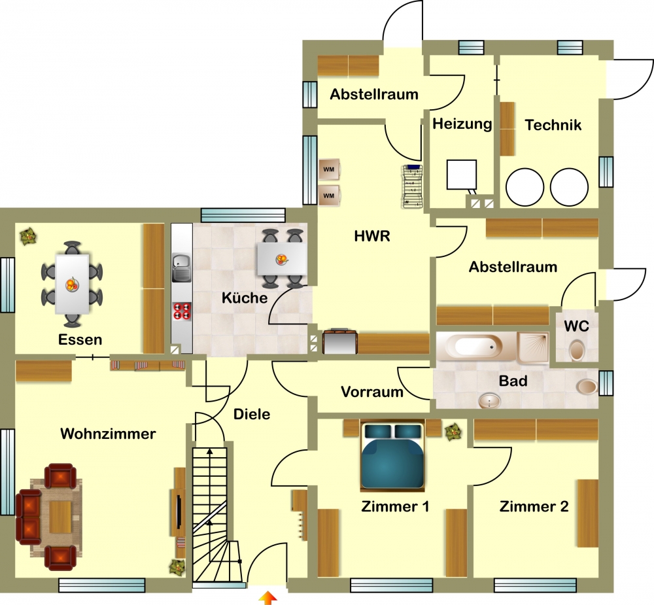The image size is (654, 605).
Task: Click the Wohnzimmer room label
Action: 108,434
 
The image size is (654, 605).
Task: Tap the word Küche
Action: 245,298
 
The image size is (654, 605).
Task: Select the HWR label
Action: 372,236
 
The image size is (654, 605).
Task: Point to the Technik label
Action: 553,125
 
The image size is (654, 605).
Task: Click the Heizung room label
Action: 462,124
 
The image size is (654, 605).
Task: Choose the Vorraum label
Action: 372,392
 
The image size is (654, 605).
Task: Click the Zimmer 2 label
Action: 534,506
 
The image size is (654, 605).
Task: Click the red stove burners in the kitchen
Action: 182,311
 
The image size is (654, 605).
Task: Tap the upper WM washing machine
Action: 329,169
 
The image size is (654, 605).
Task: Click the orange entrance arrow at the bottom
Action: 267,598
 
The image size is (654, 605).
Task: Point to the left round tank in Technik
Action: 525,187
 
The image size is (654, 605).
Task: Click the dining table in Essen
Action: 72,284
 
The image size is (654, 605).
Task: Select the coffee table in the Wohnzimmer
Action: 60,517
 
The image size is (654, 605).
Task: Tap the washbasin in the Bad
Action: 489,401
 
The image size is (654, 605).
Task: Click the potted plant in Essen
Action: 28,236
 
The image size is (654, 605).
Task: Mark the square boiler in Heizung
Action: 462,175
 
